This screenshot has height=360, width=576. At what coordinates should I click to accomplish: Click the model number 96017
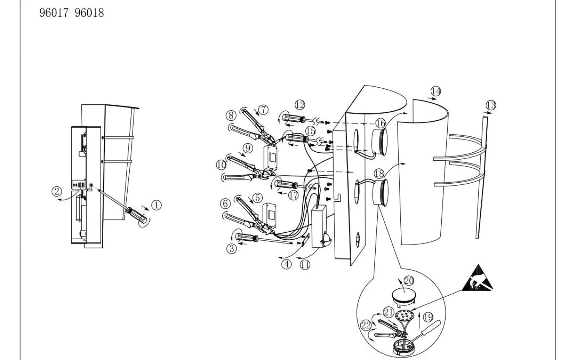click(54, 13)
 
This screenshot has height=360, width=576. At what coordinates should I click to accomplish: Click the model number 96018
click(89, 13)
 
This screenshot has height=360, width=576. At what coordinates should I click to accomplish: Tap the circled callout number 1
click(156, 205)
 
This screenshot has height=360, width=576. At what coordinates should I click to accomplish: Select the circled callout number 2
click(57, 191)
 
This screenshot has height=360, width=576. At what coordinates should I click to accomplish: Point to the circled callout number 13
click(491, 105)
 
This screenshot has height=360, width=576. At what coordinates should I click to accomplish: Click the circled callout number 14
click(436, 91)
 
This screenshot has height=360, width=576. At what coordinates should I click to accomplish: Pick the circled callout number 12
click(300, 105)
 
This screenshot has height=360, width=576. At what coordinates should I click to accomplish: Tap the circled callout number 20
click(409, 280)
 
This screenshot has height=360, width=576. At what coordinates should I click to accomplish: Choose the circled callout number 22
click(366, 325)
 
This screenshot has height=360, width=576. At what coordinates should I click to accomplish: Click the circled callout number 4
click(286, 264)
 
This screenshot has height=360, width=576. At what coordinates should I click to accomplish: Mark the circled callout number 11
click(305, 265)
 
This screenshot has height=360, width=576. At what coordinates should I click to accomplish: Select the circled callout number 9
click(248, 148)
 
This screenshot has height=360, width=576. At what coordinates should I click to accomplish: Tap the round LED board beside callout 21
click(405, 316)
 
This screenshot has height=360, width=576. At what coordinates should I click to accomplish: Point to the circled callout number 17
click(294, 196)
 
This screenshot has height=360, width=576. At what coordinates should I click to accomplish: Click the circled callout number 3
click(232, 249)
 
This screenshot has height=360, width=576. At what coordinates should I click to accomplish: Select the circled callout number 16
click(380, 123)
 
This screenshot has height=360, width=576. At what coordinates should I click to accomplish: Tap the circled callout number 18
click(379, 174)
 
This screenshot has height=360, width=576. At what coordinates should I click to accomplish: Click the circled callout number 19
click(428, 317)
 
